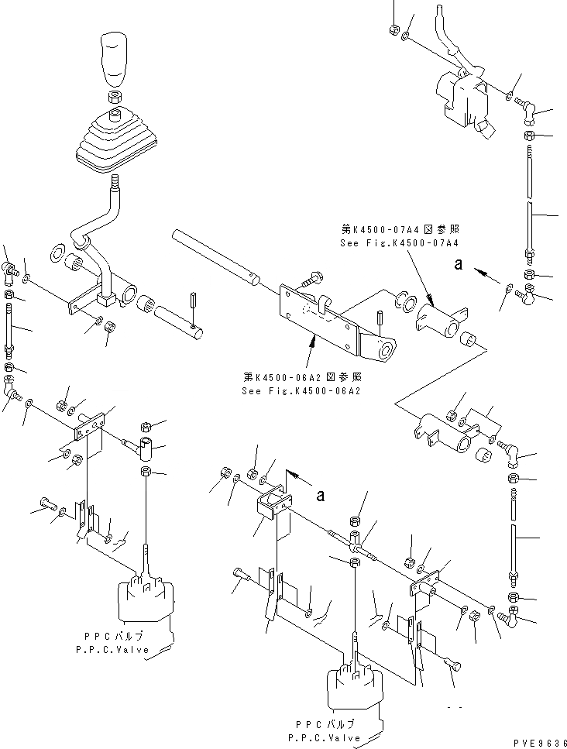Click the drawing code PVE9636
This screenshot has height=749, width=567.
pos(539,741)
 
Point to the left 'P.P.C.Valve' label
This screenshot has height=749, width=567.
pos(114,653)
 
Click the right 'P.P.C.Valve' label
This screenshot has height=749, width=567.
pos(325,734)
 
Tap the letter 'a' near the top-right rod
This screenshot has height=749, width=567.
pos(459,263)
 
